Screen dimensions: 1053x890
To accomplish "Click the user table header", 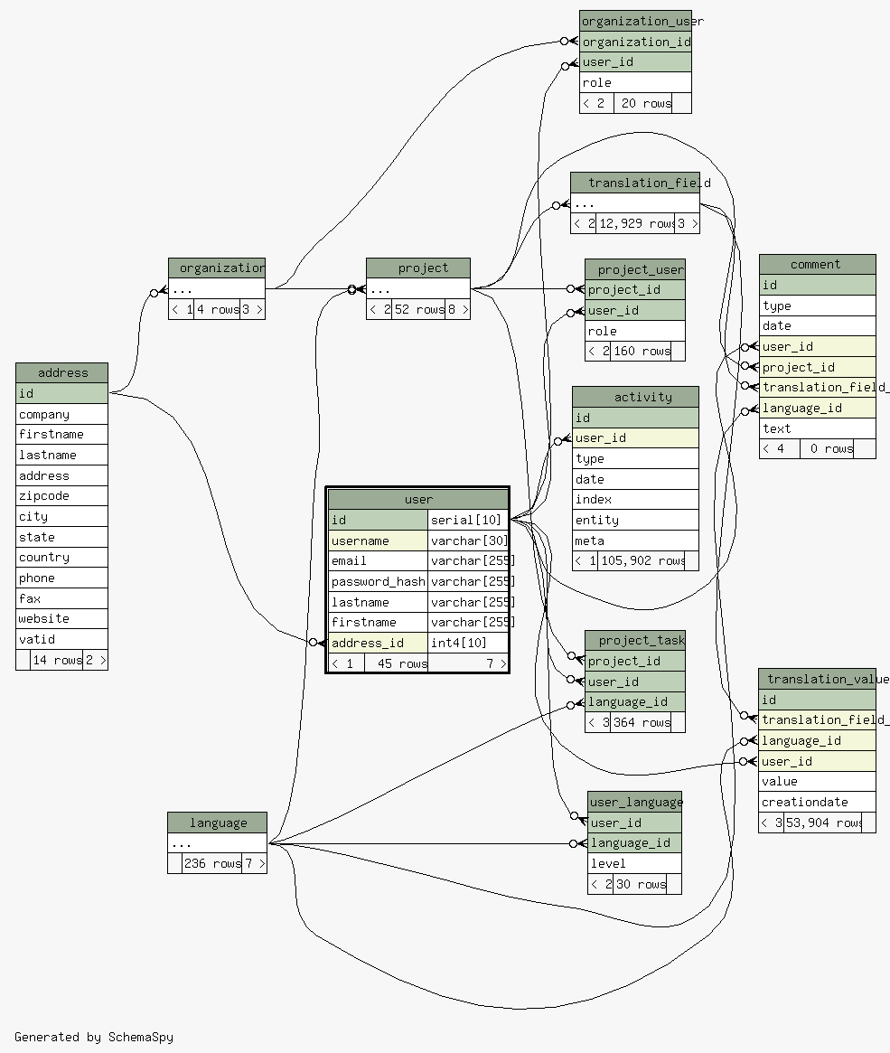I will (x=418, y=499).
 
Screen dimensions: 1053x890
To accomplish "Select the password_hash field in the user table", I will (x=378, y=582).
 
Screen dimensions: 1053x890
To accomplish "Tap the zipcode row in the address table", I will (x=61, y=496).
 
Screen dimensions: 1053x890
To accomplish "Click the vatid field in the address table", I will (x=61, y=639).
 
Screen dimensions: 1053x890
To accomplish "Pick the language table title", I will (x=218, y=823).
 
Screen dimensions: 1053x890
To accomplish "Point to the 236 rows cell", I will (x=212, y=863).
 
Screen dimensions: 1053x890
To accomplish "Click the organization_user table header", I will (x=635, y=21).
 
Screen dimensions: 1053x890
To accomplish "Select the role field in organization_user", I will (x=635, y=82).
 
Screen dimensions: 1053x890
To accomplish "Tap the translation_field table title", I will (x=635, y=183).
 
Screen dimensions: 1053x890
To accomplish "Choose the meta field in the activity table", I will (x=635, y=541).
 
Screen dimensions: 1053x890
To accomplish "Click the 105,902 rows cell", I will (x=642, y=560).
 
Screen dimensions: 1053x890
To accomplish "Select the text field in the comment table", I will (x=817, y=428).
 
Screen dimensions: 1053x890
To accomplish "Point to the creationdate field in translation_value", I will (x=817, y=802).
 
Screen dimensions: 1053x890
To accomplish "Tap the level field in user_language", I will (x=634, y=863).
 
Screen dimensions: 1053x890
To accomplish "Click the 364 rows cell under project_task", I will (x=642, y=722).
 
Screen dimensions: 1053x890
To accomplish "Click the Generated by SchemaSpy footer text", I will (x=94, y=1037).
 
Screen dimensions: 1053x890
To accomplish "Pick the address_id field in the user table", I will (x=378, y=643).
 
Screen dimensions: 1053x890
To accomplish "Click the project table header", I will (x=418, y=268).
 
